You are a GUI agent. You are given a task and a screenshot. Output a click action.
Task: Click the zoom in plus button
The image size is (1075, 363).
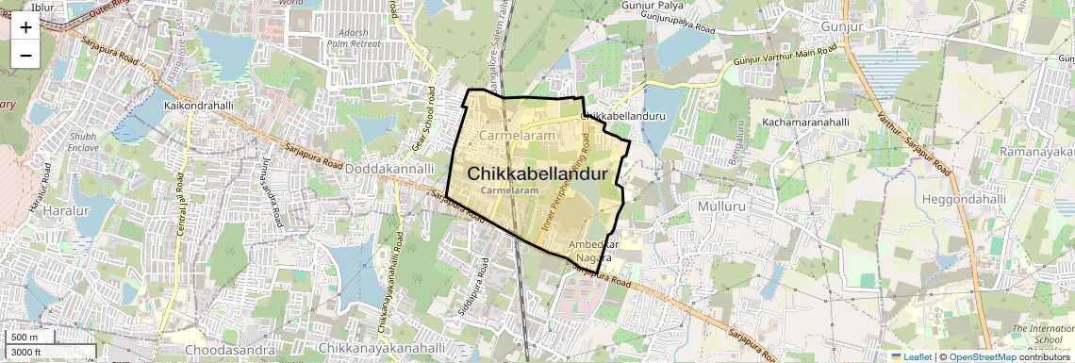pyautogui.click(x=25, y=26)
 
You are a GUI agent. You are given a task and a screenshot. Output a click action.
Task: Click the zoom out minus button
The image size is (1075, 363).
pyautogui.click(x=25, y=55)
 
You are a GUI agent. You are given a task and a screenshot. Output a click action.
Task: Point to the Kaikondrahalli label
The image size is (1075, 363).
pyautogui.click(x=198, y=106)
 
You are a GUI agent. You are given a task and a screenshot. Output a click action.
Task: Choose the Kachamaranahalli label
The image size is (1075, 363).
pyautogui.click(x=806, y=123)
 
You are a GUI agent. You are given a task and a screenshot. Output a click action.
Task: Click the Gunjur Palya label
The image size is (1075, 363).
pyautogui.click(x=652, y=6)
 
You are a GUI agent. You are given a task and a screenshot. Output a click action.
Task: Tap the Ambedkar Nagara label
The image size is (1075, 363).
pyautogui.click(x=594, y=250)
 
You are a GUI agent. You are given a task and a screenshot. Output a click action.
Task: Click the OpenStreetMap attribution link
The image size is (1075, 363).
pyautogui.click(x=982, y=356)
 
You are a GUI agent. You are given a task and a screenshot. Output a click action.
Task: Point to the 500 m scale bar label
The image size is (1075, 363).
pyautogui.click(x=25, y=338)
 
